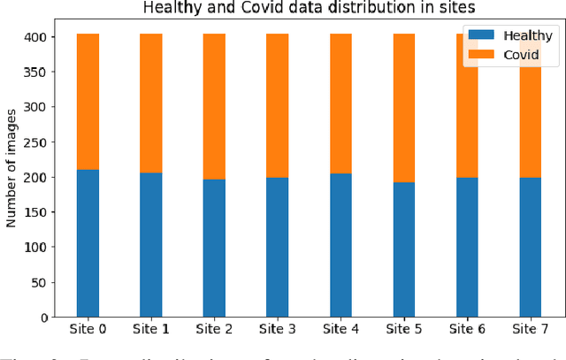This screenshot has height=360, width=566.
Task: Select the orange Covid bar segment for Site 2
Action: [x=214, y=106]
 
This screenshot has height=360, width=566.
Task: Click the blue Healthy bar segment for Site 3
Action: [x=277, y=247]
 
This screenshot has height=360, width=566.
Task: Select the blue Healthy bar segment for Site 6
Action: [x=467, y=247]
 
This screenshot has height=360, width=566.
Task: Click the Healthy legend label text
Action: [x=528, y=35]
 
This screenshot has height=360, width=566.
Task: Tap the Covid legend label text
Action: [x=521, y=55]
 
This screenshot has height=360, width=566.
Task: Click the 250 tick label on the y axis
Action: [x=40, y=142]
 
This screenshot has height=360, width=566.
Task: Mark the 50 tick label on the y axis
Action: [x=43, y=282]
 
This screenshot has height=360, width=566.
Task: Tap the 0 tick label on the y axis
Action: [x=47, y=318]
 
